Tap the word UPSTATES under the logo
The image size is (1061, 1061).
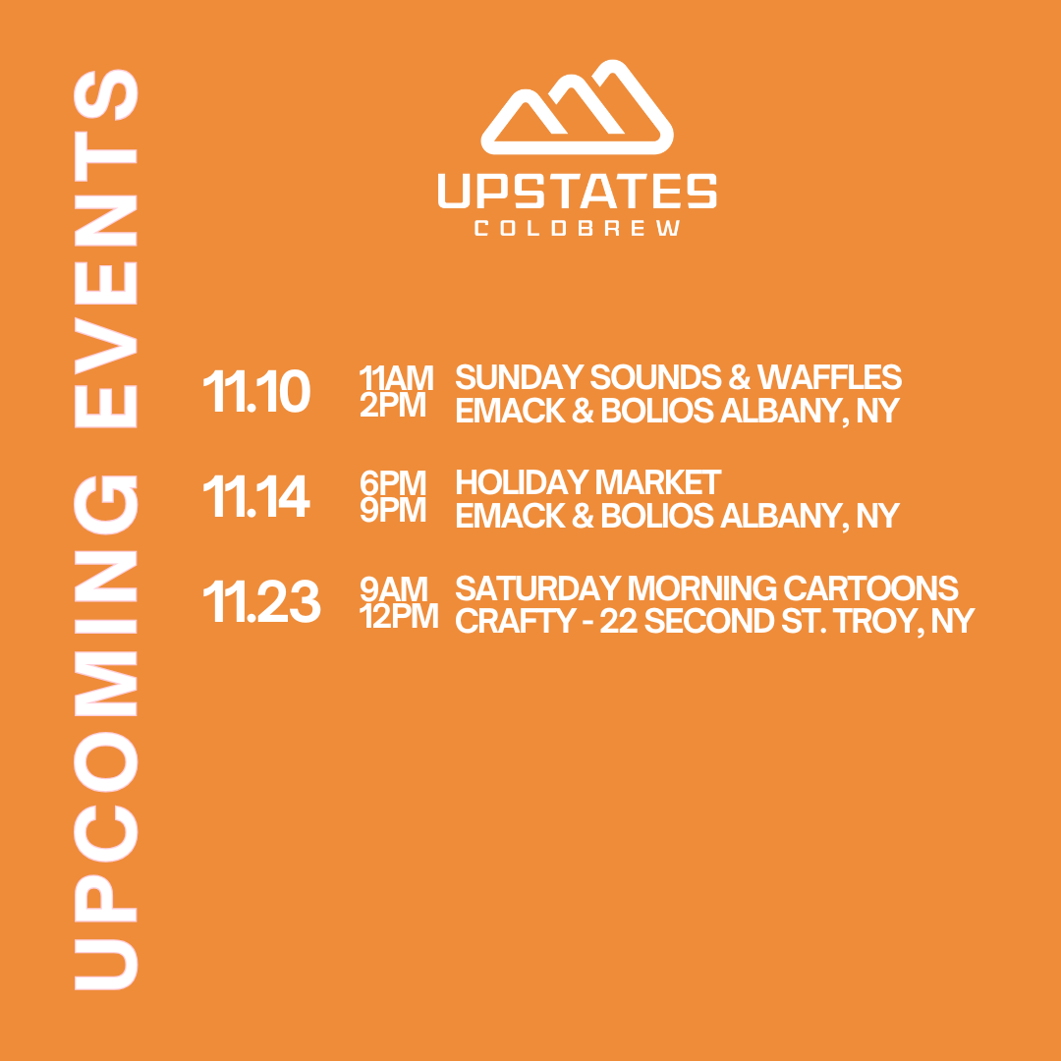coord(578,191)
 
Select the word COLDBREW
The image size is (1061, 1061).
coord(578,228)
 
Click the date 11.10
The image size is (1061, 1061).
coord(256,391)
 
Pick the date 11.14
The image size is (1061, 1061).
coord(256,496)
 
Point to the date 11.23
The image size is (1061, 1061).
coord(261,601)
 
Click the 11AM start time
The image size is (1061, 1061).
coord(396,377)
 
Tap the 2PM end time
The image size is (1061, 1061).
coord(392,406)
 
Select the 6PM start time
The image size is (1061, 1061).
coord(392,482)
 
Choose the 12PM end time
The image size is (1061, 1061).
coord(399,616)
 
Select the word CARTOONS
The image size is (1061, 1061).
coord(870,588)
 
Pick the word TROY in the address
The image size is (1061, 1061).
coord(880,621)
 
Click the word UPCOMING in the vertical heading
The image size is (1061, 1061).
coord(105,733)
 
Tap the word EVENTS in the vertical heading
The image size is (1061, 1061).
coord(105,249)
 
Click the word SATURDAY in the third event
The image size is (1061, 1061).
coord(538,588)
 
